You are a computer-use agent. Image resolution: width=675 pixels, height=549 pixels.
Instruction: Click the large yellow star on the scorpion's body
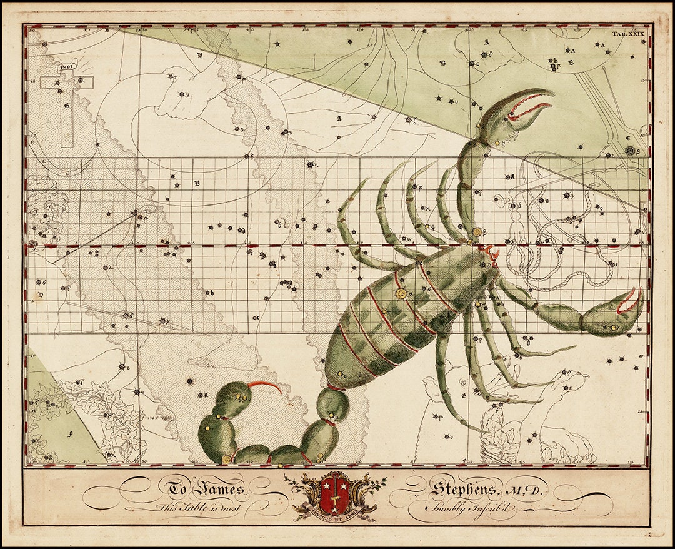click(x=401, y=293)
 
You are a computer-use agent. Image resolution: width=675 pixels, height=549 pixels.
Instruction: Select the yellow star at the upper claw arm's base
click(x=477, y=232)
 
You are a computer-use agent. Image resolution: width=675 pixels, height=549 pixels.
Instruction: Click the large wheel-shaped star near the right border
click(x=630, y=151)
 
